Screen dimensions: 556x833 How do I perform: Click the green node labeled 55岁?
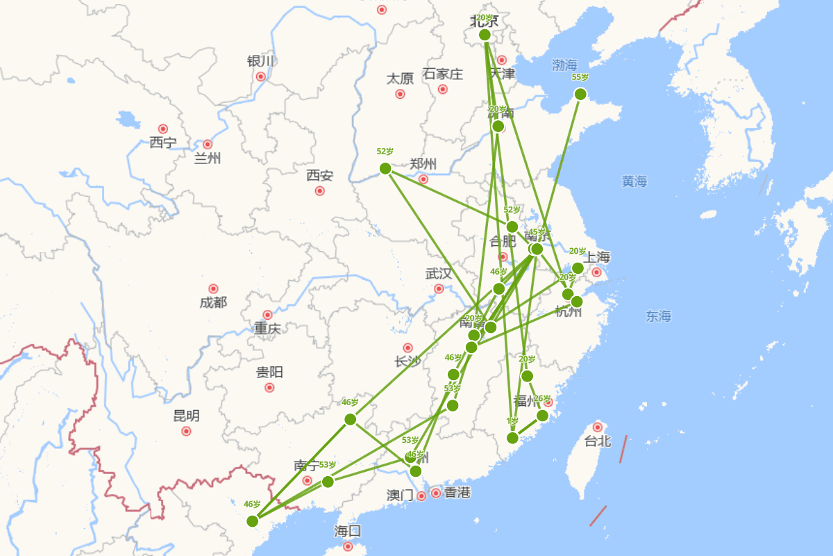tap(580, 94)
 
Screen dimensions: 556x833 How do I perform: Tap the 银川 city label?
tap(261, 61)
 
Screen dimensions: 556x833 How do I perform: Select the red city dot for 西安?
tap(319, 190)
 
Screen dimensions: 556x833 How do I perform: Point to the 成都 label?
tap(213, 303)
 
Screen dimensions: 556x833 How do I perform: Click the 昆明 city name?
tap(186, 416)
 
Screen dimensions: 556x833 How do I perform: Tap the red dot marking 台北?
tap(597, 427)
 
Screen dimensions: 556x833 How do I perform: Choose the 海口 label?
tap(348, 532)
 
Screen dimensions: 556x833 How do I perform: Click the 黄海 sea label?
tap(634, 182)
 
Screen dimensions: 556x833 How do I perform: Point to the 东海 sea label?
tap(659, 317)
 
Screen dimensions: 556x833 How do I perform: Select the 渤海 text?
tap(564, 65)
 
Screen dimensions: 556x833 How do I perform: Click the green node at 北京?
tap(485, 35)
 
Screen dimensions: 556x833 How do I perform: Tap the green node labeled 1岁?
tap(512, 438)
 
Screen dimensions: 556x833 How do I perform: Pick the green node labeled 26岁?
tap(542, 416)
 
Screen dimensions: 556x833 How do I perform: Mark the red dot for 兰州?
tap(207, 145)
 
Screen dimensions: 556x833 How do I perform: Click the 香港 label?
tap(457, 493)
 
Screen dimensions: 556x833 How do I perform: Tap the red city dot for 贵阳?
tap(269, 387)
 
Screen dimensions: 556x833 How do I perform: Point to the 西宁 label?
tap(163, 143)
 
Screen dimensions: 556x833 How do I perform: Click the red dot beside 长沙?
tap(407, 347)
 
